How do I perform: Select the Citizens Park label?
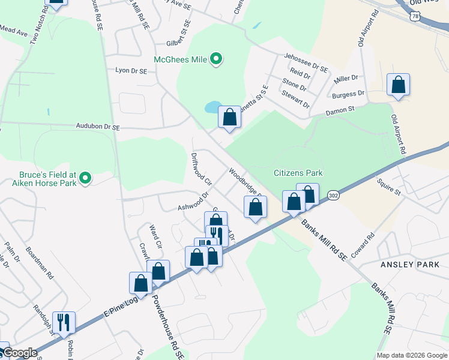pyautogui.click(x=298, y=173)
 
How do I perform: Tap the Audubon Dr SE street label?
pyautogui.click(x=98, y=127)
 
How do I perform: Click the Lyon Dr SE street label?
pyautogui.click(x=131, y=71)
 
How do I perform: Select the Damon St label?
pyautogui.click(x=340, y=111)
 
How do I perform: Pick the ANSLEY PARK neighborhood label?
pyautogui.click(x=414, y=265)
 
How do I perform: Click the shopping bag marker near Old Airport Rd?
pyautogui.click(x=398, y=86)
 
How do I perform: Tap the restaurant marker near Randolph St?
pyautogui.click(x=63, y=322)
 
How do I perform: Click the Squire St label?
pyautogui.click(x=388, y=185)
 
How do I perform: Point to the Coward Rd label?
pyautogui.click(x=364, y=245)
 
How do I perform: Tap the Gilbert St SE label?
pyautogui.click(x=178, y=35)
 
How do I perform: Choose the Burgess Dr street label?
pyautogui.click(x=348, y=94)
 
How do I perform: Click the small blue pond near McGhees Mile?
pyautogui.click(x=212, y=107)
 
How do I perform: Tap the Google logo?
pyautogui.click(x=20, y=353)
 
